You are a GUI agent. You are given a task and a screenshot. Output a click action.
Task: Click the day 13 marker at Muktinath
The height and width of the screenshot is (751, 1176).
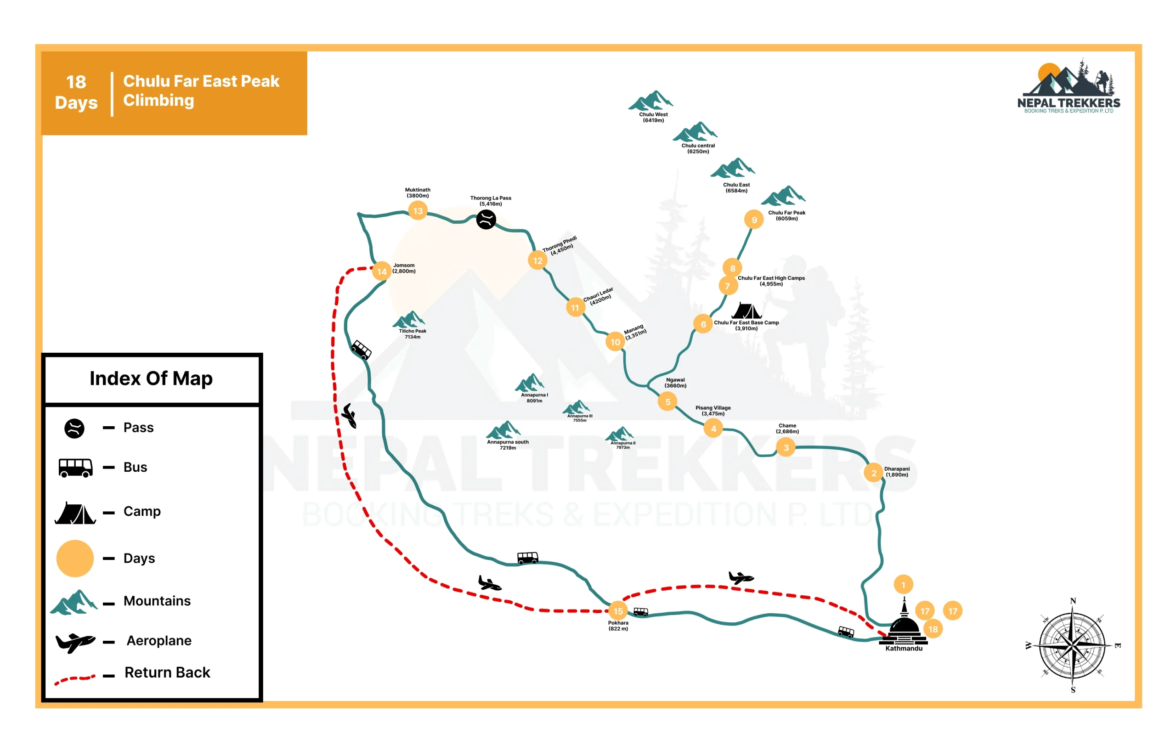418,211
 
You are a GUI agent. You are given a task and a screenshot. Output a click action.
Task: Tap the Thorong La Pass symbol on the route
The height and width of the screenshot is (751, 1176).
486,219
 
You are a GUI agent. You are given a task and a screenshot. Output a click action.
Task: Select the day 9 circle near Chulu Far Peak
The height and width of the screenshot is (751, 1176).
754,220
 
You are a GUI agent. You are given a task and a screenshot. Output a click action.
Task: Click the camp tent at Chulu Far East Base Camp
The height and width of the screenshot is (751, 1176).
746,311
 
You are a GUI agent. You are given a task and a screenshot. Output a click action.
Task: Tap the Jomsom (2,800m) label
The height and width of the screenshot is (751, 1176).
404,268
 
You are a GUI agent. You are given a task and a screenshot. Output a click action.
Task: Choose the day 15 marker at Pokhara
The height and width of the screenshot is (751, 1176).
618,611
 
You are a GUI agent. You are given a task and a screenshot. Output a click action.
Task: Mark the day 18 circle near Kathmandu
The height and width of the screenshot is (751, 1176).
933,629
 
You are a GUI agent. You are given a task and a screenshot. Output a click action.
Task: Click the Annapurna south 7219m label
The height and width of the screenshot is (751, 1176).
508,445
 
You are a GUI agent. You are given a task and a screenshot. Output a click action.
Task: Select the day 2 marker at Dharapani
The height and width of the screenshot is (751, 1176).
873,473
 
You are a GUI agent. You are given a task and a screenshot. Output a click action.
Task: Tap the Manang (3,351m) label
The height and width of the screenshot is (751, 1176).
635,332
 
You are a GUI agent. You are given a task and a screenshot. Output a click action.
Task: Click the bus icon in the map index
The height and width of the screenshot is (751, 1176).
75,468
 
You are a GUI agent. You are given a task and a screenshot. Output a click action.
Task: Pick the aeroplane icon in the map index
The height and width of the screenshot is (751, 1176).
75,642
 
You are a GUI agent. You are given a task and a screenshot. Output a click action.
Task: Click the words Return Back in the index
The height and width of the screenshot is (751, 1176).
168,672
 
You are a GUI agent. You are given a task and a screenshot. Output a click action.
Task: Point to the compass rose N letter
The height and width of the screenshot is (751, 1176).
1073,601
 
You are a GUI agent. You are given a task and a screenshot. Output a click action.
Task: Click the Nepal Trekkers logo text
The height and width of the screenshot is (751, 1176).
1069,102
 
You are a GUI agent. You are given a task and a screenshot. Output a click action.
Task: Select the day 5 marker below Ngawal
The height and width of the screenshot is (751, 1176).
667,402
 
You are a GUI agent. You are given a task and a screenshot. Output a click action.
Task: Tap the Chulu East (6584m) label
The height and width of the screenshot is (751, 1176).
736,188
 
